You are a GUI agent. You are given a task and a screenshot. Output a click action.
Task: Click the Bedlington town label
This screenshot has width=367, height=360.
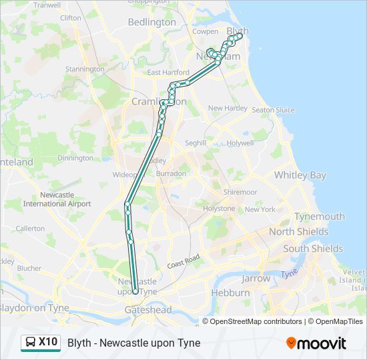click(151, 22)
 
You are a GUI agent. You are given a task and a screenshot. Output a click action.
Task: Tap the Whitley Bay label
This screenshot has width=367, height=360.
click(300, 175)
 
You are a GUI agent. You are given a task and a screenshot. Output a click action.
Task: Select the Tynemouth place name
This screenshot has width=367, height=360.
click(320, 217)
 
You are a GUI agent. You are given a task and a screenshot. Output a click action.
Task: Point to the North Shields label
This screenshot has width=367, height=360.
click(298, 232)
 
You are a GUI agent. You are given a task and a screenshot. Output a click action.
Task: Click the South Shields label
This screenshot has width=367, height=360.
click(313, 249)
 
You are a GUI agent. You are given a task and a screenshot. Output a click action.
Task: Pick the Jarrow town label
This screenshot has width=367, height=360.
click(256, 279)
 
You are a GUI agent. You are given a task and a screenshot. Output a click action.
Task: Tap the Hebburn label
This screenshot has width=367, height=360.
click(230, 293)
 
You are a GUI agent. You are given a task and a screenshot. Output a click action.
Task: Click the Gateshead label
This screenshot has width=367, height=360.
click(147, 310)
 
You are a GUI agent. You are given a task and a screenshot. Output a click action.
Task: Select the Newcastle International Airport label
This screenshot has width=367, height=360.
click(57, 199)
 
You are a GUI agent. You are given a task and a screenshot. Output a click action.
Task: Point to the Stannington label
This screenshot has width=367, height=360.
click(85, 69)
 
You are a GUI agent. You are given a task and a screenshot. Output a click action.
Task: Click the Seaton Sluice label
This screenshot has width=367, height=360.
click(273, 110)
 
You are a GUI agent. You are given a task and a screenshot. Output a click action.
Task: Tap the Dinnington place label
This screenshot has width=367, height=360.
click(75, 158)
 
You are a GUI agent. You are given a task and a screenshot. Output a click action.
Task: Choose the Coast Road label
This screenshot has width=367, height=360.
click(184, 261)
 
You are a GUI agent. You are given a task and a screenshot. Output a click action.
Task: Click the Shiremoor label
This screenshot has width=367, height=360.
click(240, 192)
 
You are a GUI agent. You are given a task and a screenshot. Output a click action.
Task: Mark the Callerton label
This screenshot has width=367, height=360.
click(30, 228)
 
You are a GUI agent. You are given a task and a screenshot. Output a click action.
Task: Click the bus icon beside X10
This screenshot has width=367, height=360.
click(31, 343)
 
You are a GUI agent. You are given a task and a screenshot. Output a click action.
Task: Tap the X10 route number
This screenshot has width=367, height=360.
click(48, 343)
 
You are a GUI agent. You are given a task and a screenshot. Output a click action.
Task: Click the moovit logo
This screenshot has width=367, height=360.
click(316, 343)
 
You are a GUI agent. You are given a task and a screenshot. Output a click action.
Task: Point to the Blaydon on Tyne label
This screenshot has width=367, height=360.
click(33, 308)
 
